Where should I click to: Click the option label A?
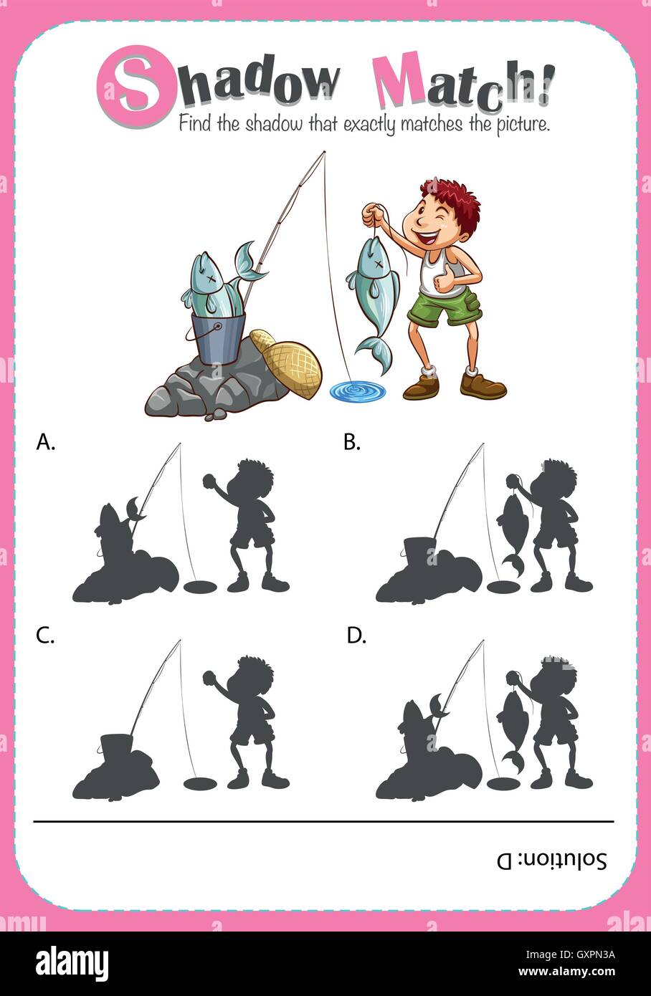(44, 444)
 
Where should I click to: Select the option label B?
(351, 443)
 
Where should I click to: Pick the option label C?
(44, 636)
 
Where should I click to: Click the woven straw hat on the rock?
(294, 365)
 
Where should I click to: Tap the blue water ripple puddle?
(357, 391)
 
